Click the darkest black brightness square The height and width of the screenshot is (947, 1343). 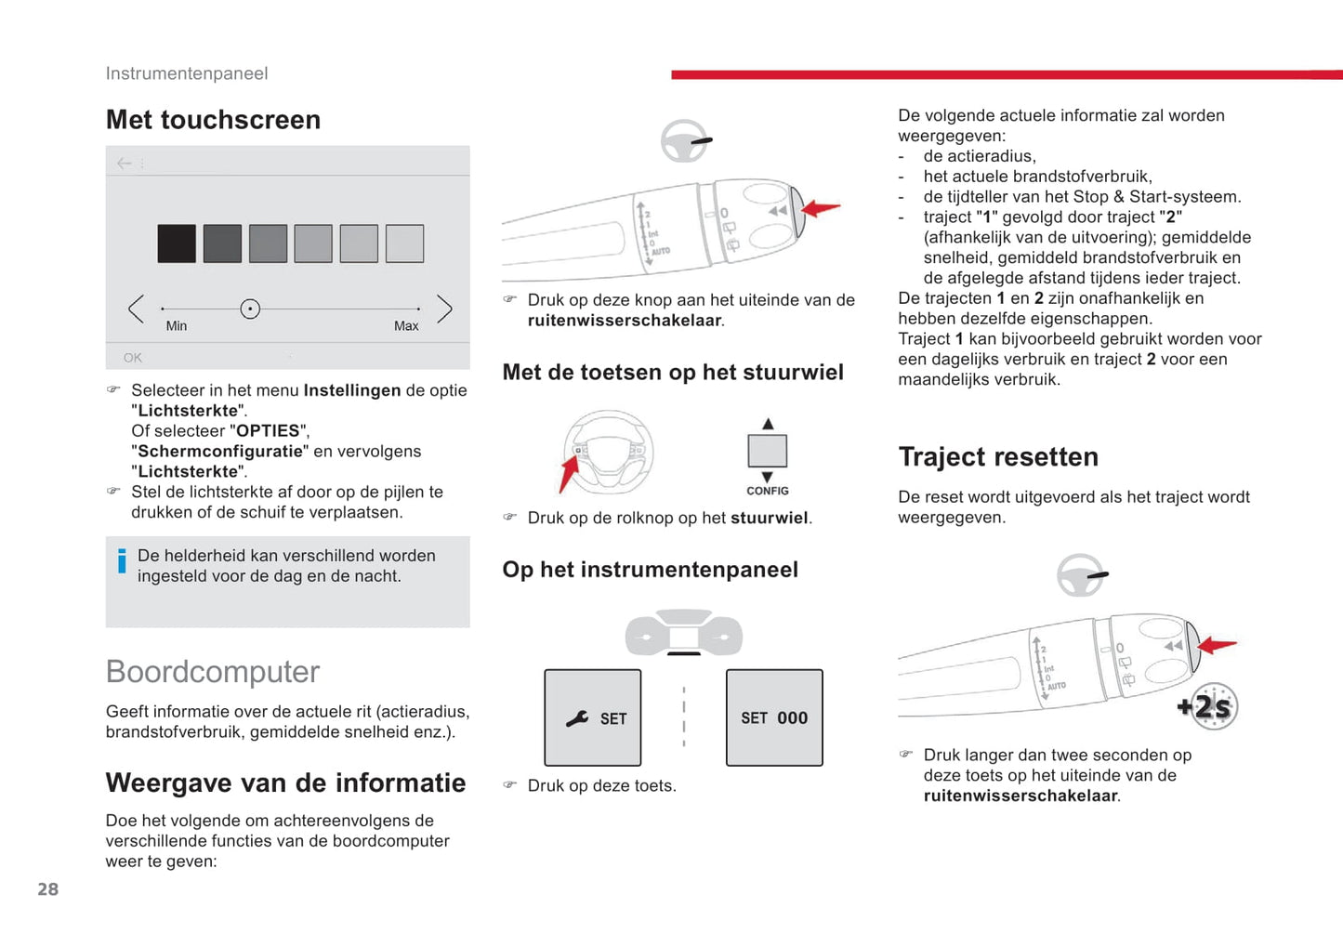(177, 243)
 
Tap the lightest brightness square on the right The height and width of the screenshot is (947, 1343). (404, 243)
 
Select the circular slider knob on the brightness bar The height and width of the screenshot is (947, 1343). (250, 309)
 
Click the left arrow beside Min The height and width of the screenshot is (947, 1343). (137, 309)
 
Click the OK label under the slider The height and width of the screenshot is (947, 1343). (133, 358)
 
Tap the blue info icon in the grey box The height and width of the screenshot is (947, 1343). (122, 560)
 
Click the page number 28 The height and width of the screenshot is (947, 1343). (48, 889)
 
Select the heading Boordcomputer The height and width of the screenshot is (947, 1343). (213, 672)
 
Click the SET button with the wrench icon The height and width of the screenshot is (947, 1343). (593, 717)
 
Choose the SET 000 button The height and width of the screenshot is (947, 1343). (774, 717)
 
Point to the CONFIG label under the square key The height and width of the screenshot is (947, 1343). (768, 491)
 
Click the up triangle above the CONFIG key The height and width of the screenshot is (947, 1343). (768, 424)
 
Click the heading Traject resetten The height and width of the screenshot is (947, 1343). (998, 457)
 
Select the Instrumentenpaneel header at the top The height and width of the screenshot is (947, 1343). (187, 73)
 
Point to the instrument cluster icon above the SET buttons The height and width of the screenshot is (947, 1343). (684, 633)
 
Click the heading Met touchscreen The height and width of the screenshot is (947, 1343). (213, 120)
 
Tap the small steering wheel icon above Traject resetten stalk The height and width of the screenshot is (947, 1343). (1080, 575)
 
